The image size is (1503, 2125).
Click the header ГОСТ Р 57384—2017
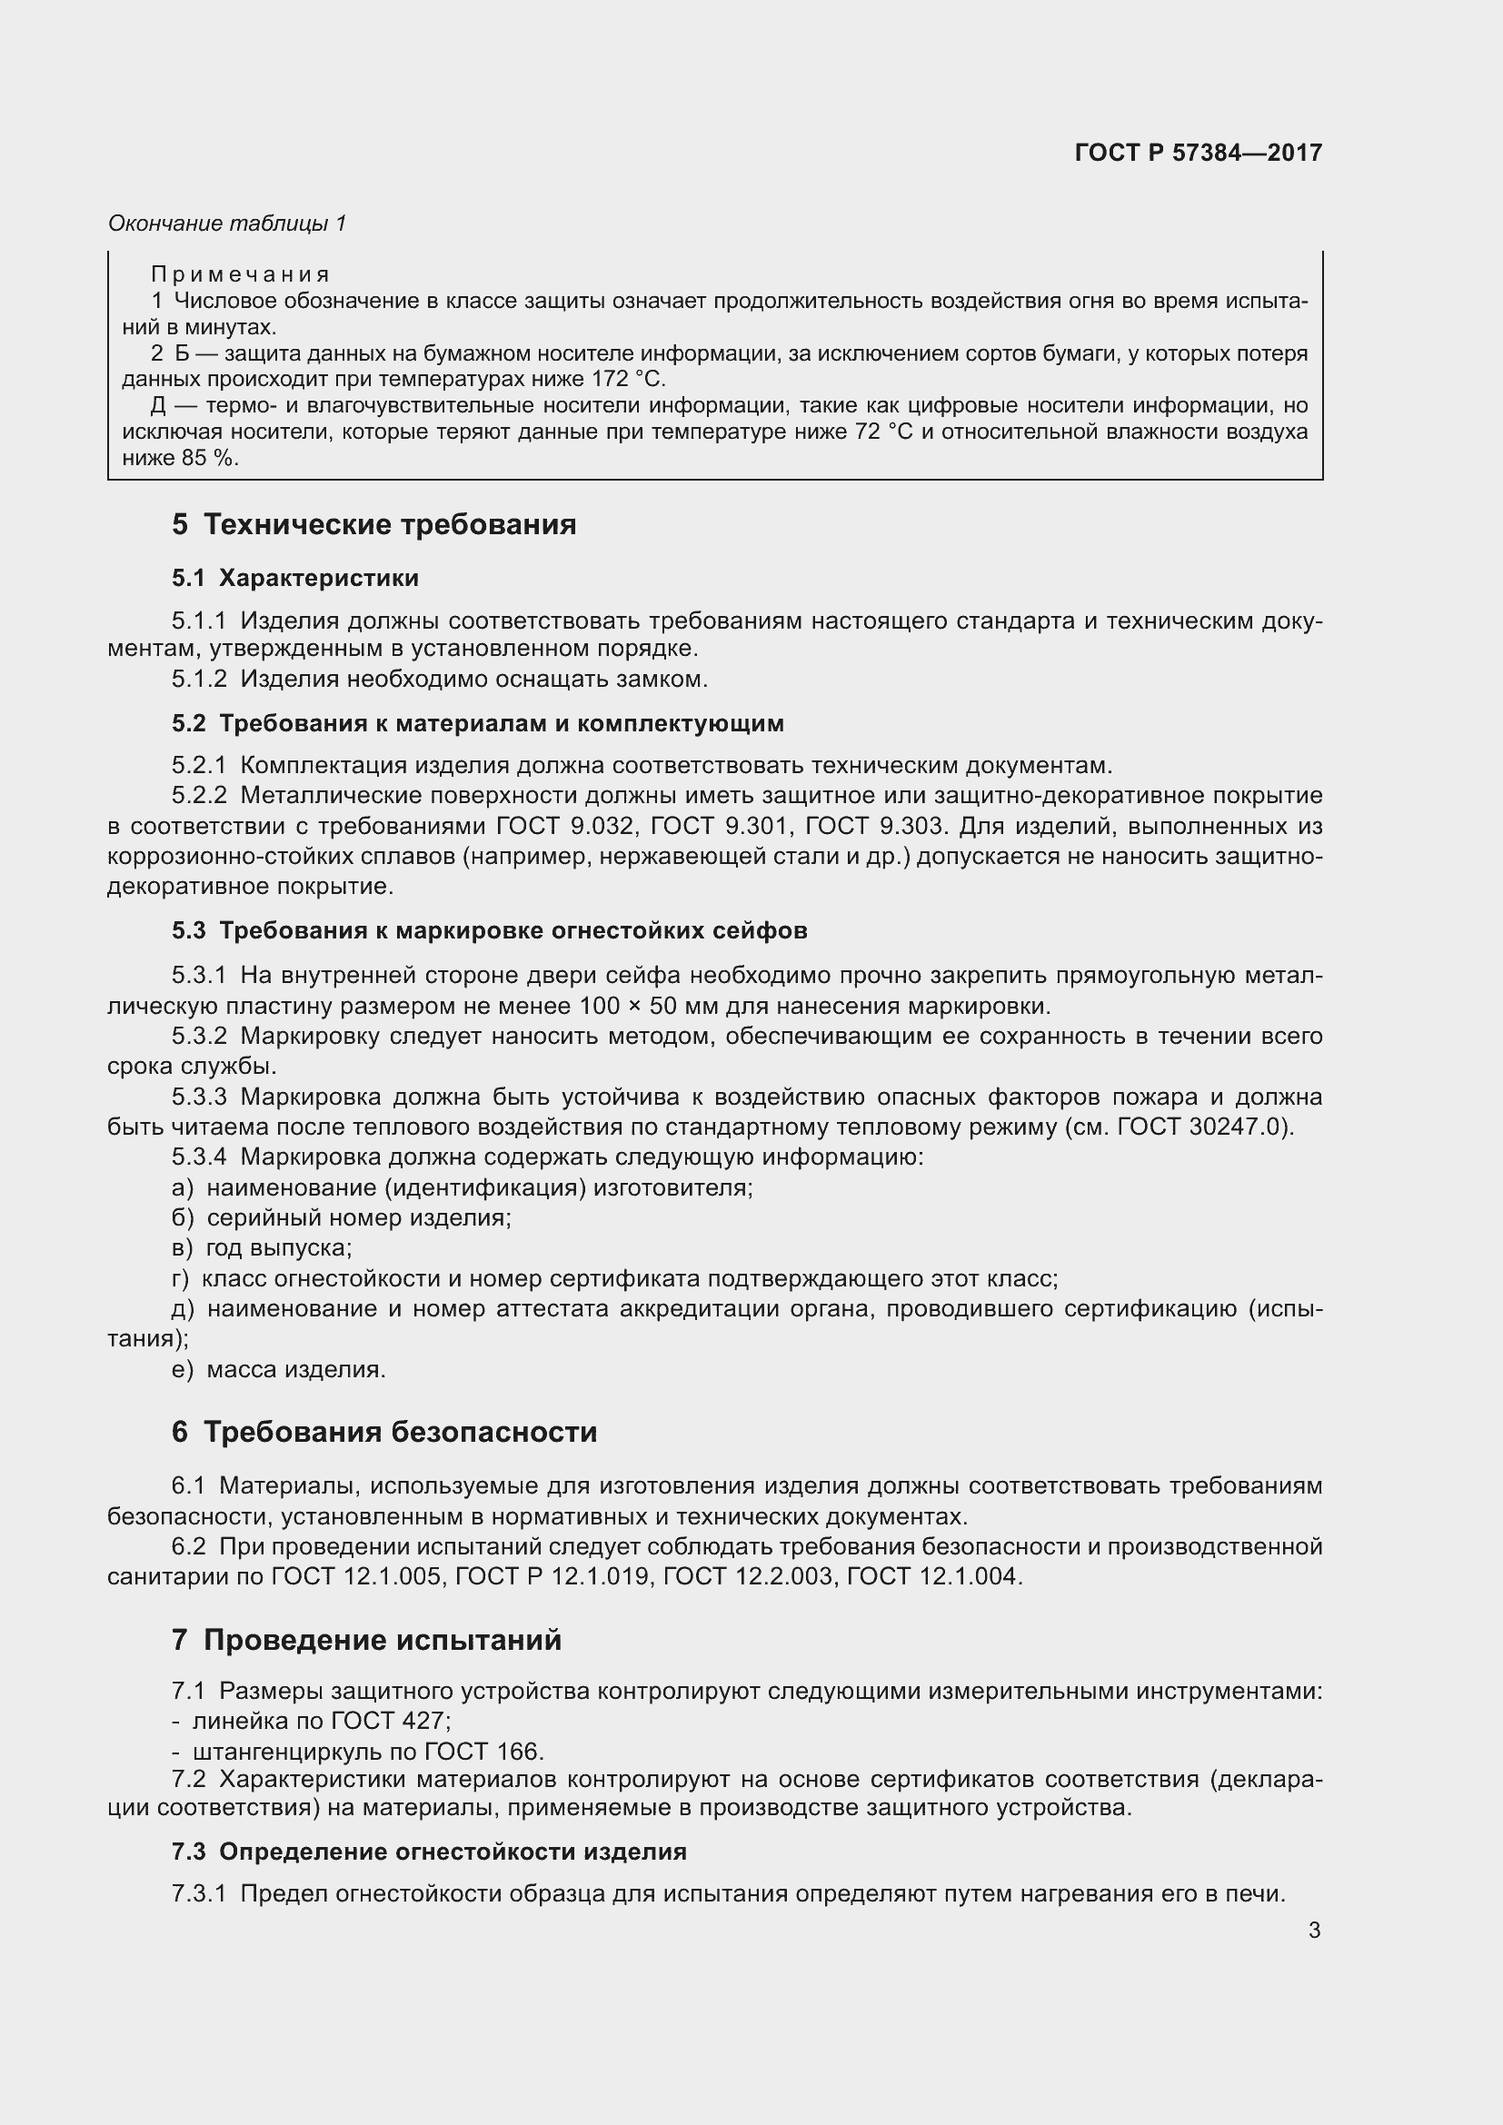click(1198, 153)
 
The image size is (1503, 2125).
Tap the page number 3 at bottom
click(1314, 1930)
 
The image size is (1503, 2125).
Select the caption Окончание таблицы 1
click(227, 223)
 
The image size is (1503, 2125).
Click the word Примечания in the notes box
click(240, 274)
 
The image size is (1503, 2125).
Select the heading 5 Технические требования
click(373, 525)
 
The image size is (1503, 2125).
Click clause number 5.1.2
click(198, 680)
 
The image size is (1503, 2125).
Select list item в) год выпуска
click(262, 1247)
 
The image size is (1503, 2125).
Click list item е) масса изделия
click(279, 1369)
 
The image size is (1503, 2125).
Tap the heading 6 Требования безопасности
click(384, 1433)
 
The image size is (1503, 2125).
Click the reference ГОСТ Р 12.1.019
click(552, 1576)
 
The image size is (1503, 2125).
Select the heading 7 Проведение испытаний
click(366, 1640)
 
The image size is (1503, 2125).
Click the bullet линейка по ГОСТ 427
click(320, 1721)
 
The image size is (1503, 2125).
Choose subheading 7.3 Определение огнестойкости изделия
click(429, 1852)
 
